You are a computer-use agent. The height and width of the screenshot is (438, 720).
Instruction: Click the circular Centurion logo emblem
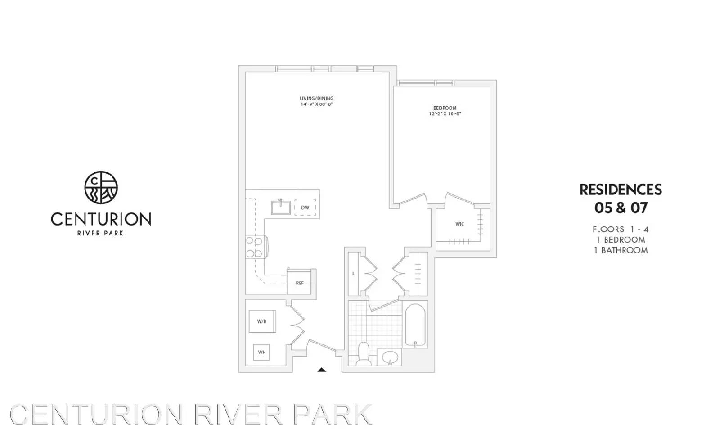pyautogui.click(x=101, y=187)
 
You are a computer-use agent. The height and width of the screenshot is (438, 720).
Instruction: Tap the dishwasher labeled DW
pyautogui.click(x=305, y=208)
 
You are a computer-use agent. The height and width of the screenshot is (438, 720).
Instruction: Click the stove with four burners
pyautogui.click(x=255, y=247)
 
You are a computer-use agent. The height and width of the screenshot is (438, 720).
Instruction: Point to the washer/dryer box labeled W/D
pyautogui.click(x=262, y=321)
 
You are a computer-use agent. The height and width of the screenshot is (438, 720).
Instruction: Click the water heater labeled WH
pyautogui.click(x=261, y=352)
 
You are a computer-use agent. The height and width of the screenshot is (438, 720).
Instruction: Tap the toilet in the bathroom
pyautogui.click(x=363, y=354)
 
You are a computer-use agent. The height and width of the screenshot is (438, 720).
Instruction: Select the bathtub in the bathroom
pyautogui.click(x=414, y=325)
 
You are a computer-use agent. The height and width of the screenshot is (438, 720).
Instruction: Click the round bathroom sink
pyautogui.click(x=389, y=358)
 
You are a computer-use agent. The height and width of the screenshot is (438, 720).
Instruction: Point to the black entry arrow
pyautogui.click(x=321, y=370)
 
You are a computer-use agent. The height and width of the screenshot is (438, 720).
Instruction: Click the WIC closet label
pyautogui.click(x=459, y=224)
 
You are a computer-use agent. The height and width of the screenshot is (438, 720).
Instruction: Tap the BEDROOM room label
pyautogui.click(x=445, y=108)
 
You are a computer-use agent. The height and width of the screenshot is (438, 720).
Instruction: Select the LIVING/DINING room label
pyautogui.click(x=317, y=99)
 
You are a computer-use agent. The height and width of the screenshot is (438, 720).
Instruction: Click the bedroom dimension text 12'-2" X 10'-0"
pyautogui.click(x=445, y=114)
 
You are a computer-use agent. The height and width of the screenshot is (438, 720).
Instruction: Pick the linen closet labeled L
pyautogui.click(x=354, y=274)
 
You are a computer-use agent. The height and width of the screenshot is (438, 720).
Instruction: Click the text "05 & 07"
pyautogui.click(x=621, y=208)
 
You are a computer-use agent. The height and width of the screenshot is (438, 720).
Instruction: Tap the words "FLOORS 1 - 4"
pyautogui.click(x=621, y=229)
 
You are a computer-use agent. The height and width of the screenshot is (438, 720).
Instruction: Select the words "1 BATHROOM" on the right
pyautogui.click(x=621, y=250)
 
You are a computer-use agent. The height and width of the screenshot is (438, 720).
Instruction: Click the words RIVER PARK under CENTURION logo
pyautogui.click(x=101, y=233)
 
